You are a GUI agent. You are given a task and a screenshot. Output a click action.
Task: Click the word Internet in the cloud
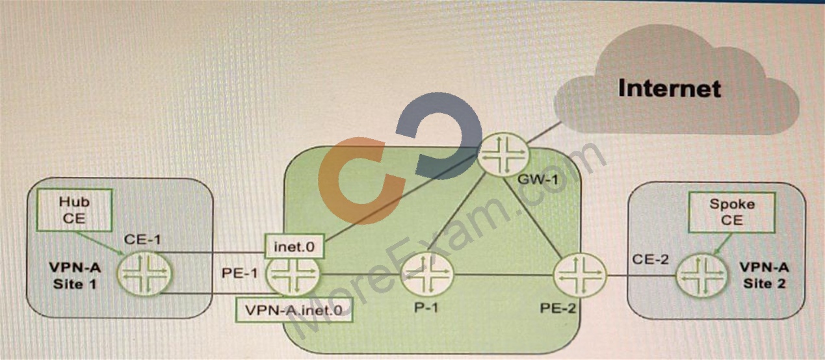[x=669, y=88]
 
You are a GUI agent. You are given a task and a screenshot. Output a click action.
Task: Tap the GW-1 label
[x=538, y=179]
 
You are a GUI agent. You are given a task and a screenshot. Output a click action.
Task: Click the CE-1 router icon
[x=144, y=274]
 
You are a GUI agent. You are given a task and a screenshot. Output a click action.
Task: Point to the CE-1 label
[x=142, y=240]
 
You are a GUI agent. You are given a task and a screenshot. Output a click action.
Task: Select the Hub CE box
[x=74, y=210]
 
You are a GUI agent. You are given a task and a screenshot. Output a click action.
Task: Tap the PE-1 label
[x=239, y=274]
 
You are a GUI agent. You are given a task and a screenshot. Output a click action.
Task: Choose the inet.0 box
[x=295, y=246]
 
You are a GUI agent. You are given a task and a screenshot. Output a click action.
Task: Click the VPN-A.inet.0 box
[x=294, y=310]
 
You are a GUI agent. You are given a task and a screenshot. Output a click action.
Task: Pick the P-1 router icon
[x=427, y=275]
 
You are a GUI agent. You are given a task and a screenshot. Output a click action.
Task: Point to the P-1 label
[x=426, y=307]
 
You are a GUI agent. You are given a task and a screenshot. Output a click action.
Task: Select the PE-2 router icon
[x=580, y=276]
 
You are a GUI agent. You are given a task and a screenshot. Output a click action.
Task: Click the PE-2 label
[x=558, y=308]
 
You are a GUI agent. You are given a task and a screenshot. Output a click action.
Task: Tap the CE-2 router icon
[x=702, y=276]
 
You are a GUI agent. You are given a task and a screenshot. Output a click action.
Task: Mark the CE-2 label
[x=650, y=259]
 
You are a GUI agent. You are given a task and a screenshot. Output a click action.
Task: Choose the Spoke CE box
[x=732, y=212]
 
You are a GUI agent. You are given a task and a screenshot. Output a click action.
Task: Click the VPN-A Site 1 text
[x=75, y=276]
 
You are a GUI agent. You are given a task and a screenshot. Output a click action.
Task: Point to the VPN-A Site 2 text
[x=765, y=275]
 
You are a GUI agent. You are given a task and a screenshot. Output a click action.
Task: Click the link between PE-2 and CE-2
[x=641, y=276]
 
